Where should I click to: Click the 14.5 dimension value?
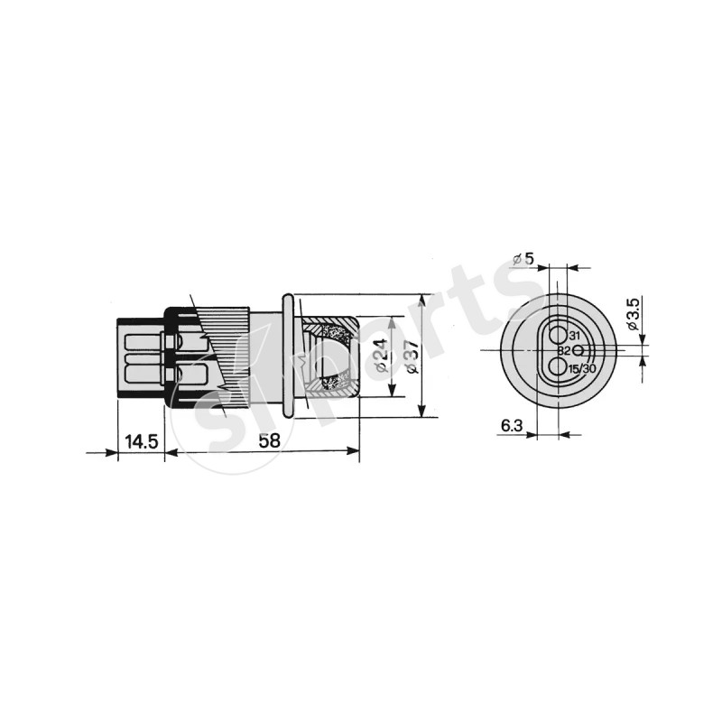pos(142,441)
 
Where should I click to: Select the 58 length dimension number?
pos(269,440)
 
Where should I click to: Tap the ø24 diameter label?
pos(382,356)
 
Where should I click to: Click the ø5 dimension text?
pos(523,259)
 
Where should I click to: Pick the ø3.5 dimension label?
pos(633,314)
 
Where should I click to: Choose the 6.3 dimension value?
pos(512,426)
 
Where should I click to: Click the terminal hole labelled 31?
pos(559,333)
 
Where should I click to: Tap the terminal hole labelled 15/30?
pos(559,367)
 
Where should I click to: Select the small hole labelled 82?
pos(579,351)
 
